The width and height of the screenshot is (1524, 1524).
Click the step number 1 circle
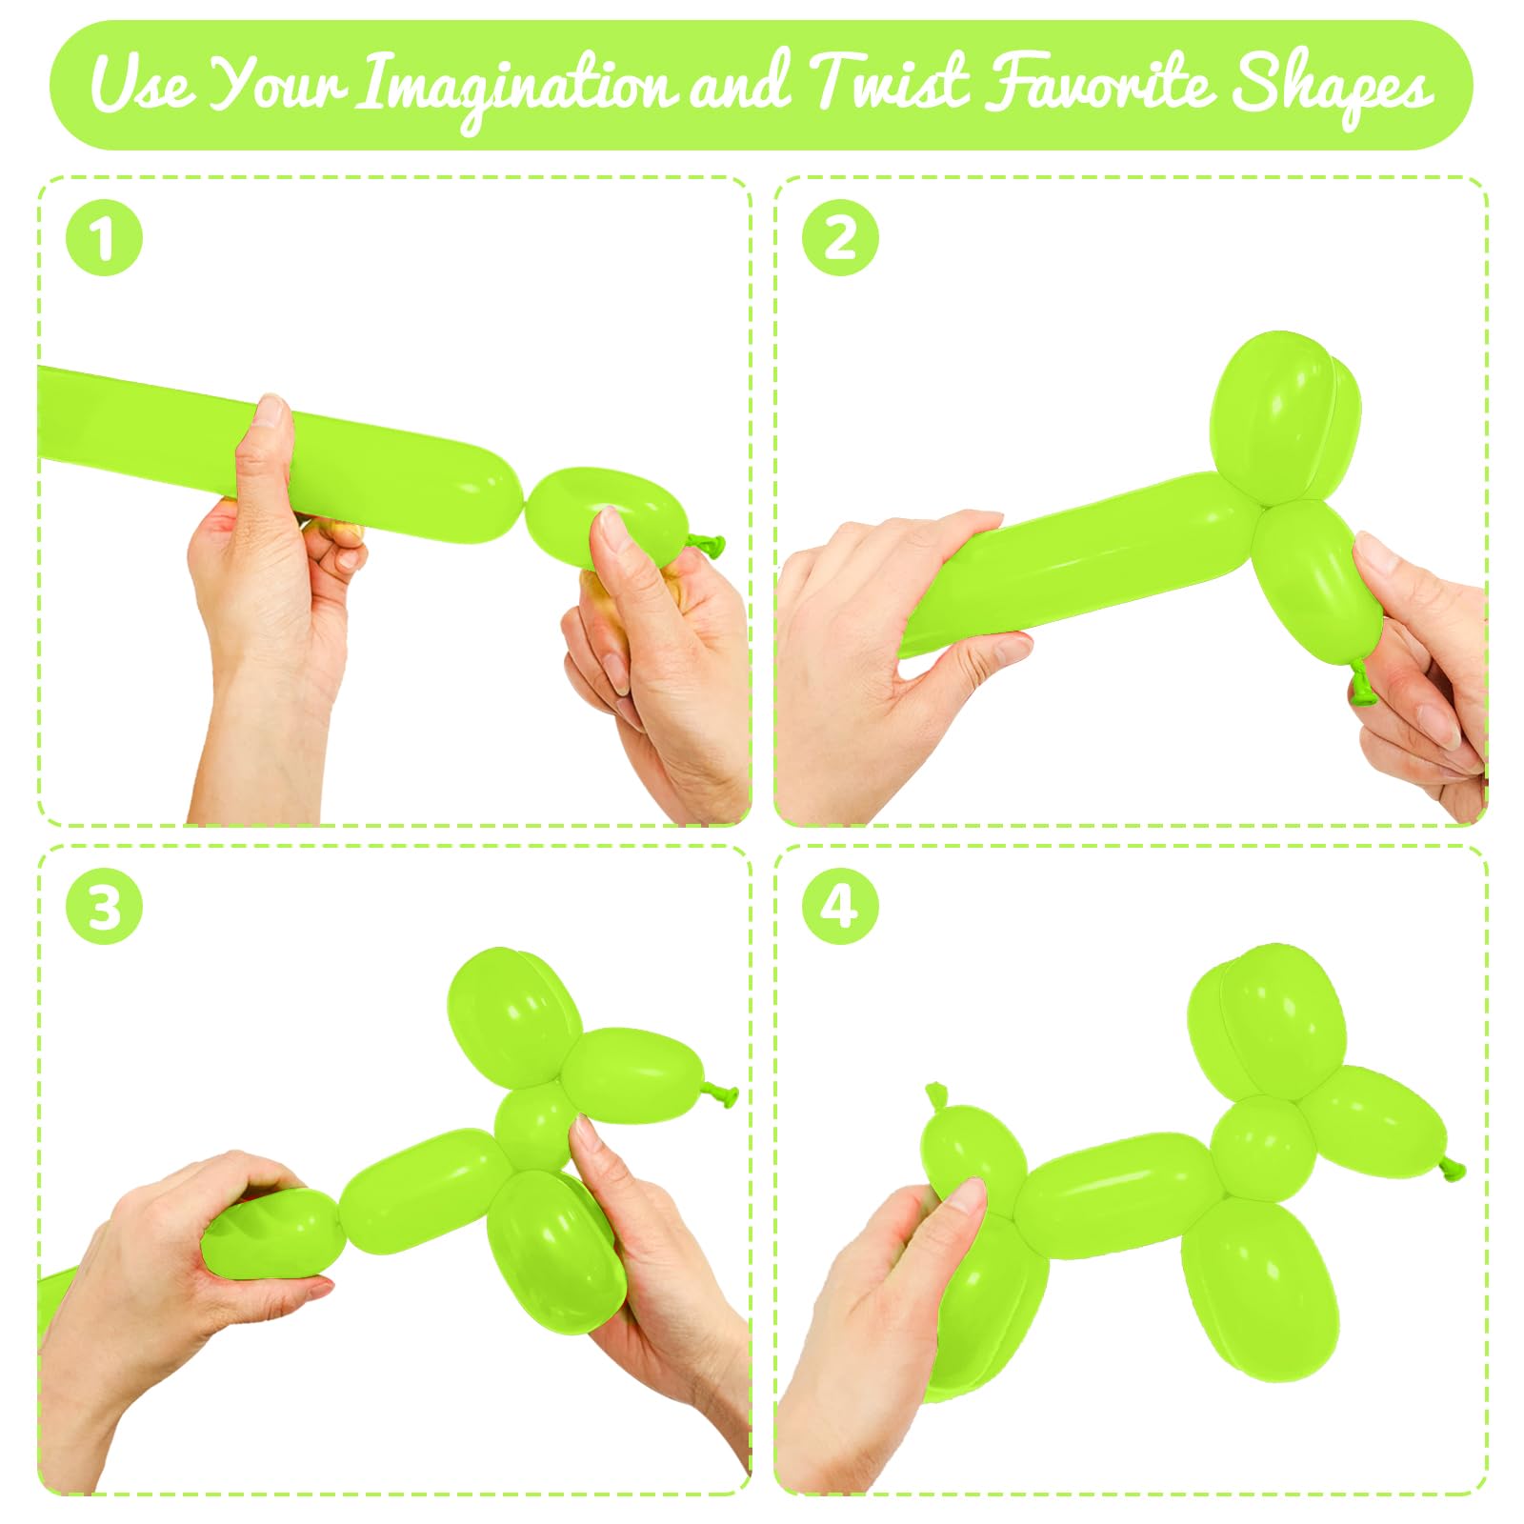coord(104,237)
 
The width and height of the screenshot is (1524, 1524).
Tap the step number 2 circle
coord(840,237)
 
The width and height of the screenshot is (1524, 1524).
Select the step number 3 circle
coord(104,906)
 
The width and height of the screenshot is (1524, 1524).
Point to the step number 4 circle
coord(840,906)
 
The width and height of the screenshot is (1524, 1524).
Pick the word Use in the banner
coord(143,84)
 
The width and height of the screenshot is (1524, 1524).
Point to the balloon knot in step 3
coord(722,1094)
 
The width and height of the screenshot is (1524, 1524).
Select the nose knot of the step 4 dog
coord(1451,1167)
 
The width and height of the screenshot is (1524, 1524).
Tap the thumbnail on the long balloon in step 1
coord(272,412)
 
